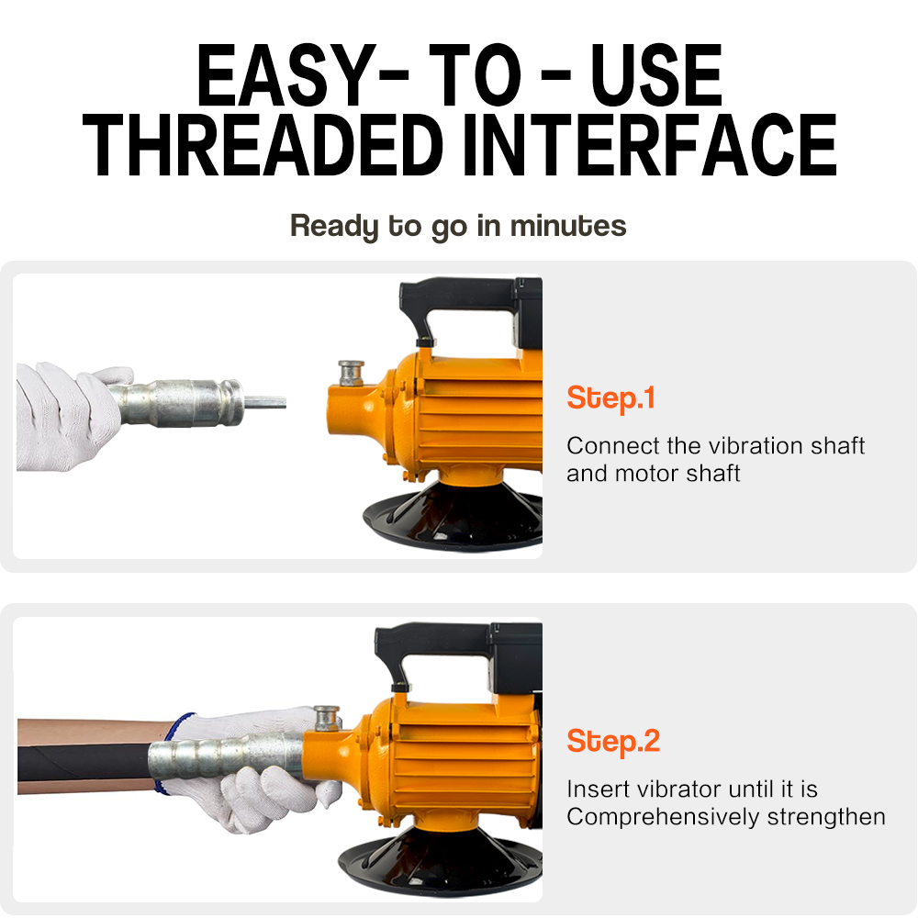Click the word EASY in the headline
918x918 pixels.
pos(285,75)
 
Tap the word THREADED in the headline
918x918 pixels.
pos(263,145)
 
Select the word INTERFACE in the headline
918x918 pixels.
pos(650,145)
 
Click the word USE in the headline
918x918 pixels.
pos(656,75)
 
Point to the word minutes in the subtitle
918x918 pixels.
pos(568,226)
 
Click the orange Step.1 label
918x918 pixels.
pos(610,398)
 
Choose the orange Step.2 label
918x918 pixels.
pos(613,742)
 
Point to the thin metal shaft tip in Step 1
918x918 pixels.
pos(264,402)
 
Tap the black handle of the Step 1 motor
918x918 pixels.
pos(463,305)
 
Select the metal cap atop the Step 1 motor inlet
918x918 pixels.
pos(352,373)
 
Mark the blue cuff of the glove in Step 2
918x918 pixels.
pos(171,753)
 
